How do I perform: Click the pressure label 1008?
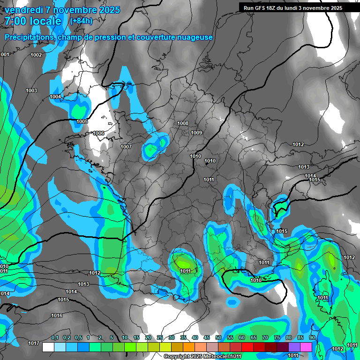coord(183,123)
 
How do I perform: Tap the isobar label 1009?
coord(196,133)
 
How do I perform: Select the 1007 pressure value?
coord(126,147)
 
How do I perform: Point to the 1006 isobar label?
coord(98,133)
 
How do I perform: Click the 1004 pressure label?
coord(55,97)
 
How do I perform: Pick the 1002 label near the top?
coord(36,55)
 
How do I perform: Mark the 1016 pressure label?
coord(57,315)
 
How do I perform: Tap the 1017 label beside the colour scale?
coord(33,343)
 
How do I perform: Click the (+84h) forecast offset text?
coord(81,21)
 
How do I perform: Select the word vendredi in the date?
coord(22,9)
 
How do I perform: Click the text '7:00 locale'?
coord(33,21)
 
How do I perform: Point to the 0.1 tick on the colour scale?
coord(55,337)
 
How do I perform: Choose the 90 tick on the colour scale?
coord(312,337)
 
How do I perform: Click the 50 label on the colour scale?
coord(218,337)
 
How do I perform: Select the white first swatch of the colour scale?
coord(48,347)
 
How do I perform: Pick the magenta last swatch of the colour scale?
coord(306,347)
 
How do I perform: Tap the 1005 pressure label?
coord(82,121)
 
